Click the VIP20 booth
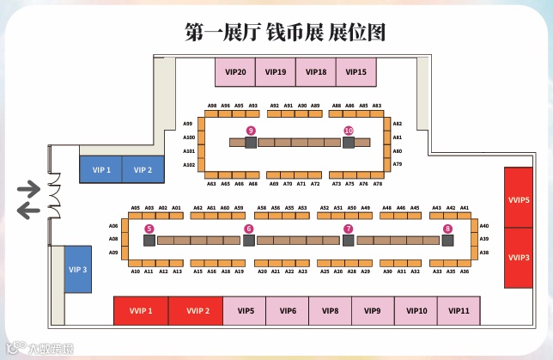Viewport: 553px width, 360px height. tap(235, 72)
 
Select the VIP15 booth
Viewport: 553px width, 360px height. tap(355, 72)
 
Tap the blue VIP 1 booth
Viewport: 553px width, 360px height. tap(101, 170)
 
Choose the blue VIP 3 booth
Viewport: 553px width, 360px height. tap(78, 270)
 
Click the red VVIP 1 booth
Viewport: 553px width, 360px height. tap(141, 311)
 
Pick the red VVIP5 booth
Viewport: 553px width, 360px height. tap(519, 199)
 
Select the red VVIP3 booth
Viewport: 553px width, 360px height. tap(519, 258)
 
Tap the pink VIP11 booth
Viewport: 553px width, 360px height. tap(459, 311)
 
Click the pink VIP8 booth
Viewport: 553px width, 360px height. tap(330, 311)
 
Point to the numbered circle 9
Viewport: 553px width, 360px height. tap(251, 130)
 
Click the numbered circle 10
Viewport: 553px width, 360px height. tap(348, 130)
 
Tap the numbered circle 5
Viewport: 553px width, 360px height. tap(149, 229)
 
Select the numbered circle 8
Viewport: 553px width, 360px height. tap(447, 229)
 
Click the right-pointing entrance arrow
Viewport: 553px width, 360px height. tap(29, 188)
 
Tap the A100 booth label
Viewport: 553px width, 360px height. tap(190, 137)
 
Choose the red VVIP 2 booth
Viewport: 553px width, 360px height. tap(195, 311)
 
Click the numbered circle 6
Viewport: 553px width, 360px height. tap(248, 229)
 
